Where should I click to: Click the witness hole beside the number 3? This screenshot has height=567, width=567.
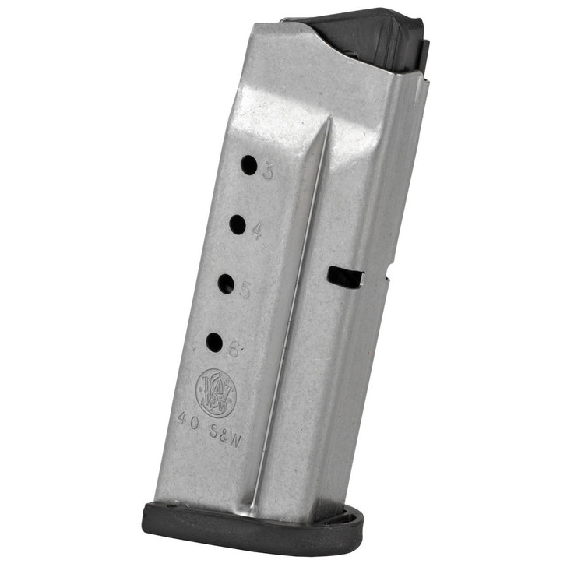[x=248, y=165]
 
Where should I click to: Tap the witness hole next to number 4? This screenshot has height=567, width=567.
[x=238, y=225]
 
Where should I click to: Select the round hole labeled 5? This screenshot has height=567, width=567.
[x=226, y=283]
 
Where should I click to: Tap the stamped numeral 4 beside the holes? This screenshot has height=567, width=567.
[x=257, y=231]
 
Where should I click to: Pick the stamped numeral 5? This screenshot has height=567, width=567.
[x=245, y=291]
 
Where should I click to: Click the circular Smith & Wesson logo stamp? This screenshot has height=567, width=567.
[x=215, y=393]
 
